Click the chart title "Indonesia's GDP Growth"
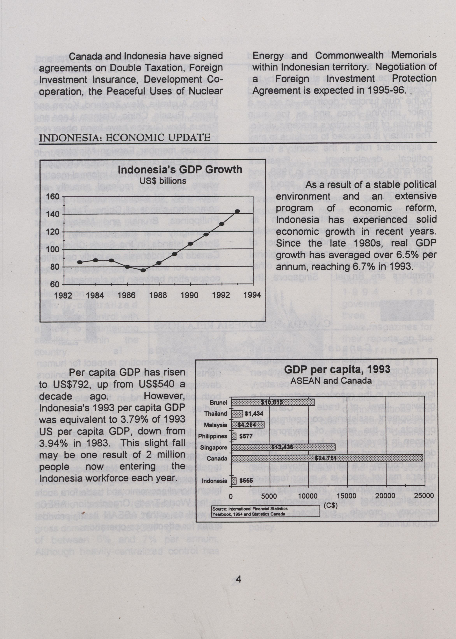coord(180,170)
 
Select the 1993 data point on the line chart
coord(237,211)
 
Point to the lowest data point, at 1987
coord(143,270)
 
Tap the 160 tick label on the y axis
coord(53,196)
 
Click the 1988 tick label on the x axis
coord(158,295)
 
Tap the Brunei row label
coord(218,403)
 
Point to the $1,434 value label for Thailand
coord(254,414)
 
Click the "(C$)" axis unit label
coord(330,505)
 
